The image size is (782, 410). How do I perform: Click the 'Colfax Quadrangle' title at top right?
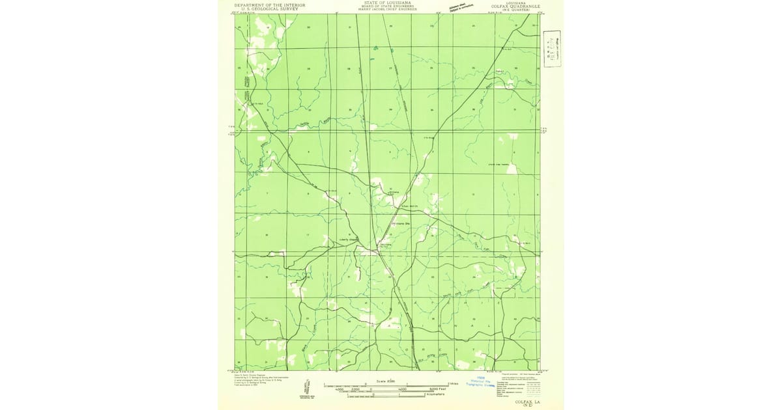(x=519, y=7)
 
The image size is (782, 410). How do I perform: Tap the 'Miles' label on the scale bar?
(x=452, y=384)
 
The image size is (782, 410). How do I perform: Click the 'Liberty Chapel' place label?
(x=349, y=239)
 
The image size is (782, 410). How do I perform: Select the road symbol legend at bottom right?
(x=525, y=387)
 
